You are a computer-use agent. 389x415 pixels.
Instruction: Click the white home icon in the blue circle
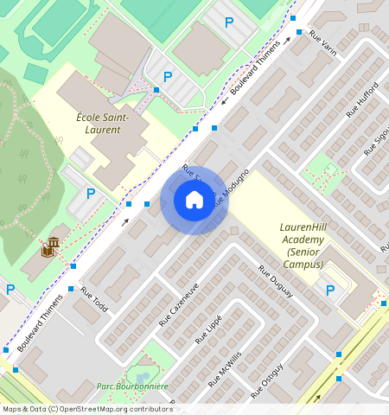coord(194,201)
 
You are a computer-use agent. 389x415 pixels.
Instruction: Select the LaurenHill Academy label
coord(303,233)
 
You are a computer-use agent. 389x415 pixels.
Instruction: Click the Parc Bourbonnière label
coord(131,386)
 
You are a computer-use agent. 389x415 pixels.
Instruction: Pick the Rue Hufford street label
coord(362,99)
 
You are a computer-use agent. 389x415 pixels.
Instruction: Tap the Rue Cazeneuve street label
coord(179,303)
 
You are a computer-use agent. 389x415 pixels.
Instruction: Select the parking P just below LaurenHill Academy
coord(328,290)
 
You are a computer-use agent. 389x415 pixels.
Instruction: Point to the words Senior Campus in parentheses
coord(303,258)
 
